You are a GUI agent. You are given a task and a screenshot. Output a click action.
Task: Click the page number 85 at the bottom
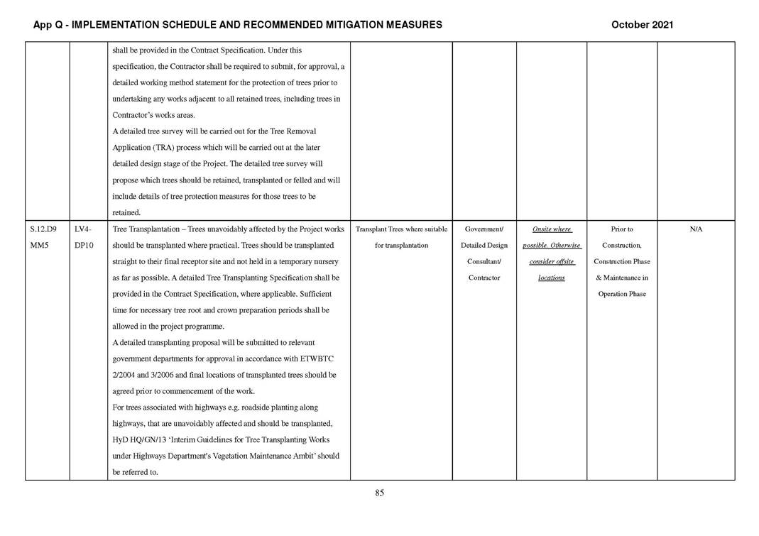[379, 493]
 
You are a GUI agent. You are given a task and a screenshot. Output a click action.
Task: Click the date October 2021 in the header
[642, 25]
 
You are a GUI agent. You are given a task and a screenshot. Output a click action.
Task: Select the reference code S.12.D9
[44, 229]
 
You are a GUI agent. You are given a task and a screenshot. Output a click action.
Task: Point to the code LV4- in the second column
[83, 229]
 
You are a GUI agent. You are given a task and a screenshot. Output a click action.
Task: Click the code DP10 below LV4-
[84, 246]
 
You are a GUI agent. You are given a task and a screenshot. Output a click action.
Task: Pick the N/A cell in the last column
[696, 229]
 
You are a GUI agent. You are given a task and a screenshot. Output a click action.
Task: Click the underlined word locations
[551, 278]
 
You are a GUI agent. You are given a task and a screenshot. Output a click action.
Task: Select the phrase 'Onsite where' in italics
[552, 229]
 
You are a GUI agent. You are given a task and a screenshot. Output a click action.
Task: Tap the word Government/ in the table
[484, 229]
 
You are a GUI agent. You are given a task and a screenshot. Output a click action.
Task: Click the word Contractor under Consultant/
[484, 278]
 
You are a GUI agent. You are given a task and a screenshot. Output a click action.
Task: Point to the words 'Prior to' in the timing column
[621, 229]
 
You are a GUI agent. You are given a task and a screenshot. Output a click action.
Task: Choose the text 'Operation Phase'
[621, 294]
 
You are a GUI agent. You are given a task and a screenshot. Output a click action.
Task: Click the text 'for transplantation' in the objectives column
[401, 246]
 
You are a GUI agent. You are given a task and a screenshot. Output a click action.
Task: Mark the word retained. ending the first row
[126, 212]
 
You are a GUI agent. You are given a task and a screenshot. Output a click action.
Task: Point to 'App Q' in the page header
[46, 25]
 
